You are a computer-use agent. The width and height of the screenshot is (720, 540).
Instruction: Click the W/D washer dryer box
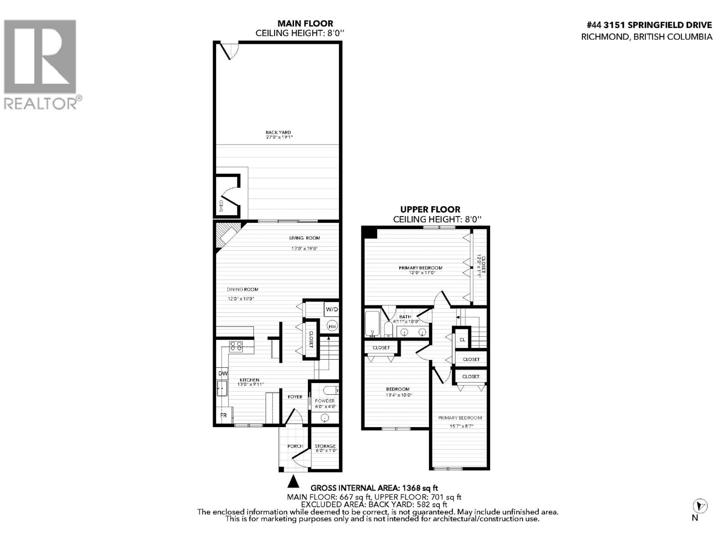click(x=332, y=309)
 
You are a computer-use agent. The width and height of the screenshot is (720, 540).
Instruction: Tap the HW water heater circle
click(x=332, y=326)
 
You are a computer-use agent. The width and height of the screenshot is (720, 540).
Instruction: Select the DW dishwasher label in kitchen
click(x=223, y=373)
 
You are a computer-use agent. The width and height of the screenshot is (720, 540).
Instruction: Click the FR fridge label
click(x=223, y=415)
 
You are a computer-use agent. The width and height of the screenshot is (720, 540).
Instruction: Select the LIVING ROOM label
click(x=304, y=238)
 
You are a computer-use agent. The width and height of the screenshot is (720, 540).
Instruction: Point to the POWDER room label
click(x=325, y=401)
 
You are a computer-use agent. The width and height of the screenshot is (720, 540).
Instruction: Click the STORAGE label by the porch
click(x=325, y=446)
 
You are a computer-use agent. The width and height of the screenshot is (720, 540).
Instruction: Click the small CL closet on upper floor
click(x=462, y=340)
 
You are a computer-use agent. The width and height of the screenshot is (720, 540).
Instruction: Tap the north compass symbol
click(x=700, y=515)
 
